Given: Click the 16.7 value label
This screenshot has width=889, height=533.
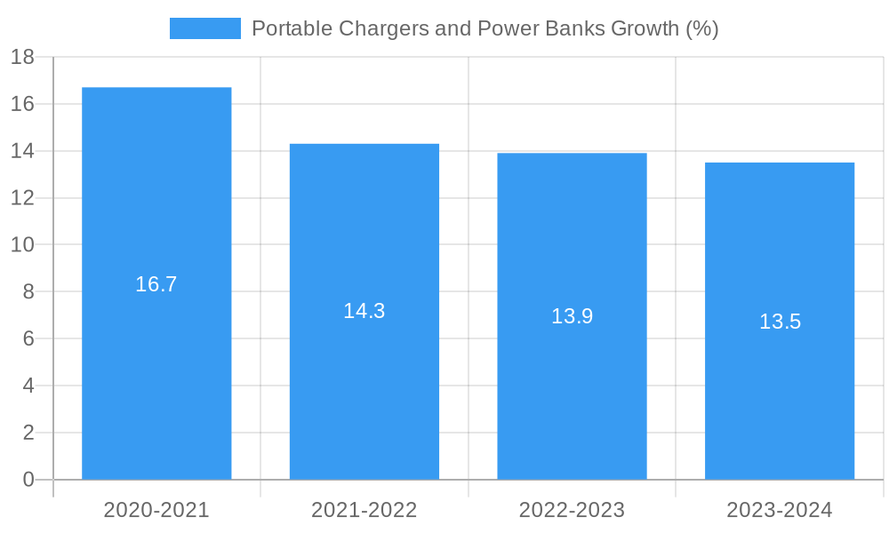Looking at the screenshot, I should [x=156, y=284].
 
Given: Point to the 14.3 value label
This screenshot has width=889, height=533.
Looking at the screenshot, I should [x=364, y=311].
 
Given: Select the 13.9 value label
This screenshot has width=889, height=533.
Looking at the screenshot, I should [x=572, y=316].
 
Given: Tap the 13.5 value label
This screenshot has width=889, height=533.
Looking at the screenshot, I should [x=780, y=322].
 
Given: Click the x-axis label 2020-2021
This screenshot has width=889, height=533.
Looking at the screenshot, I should [x=156, y=510].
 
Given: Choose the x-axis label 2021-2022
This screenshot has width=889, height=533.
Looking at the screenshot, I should [x=364, y=510].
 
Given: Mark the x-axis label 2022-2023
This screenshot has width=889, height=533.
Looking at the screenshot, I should [x=572, y=510].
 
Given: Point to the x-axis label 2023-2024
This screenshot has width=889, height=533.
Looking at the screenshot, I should [x=780, y=510].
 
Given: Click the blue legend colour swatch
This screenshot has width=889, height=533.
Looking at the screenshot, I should [x=205, y=28].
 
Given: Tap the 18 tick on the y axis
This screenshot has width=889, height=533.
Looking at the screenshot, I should [x=22, y=58].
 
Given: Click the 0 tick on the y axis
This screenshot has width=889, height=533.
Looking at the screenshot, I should [x=28, y=480].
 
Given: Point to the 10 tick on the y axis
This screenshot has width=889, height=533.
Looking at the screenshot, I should [x=22, y=245].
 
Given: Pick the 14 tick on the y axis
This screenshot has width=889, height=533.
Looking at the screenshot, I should [x=22, y=151].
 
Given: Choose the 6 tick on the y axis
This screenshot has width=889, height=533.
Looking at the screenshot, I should [x=28, y=338].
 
